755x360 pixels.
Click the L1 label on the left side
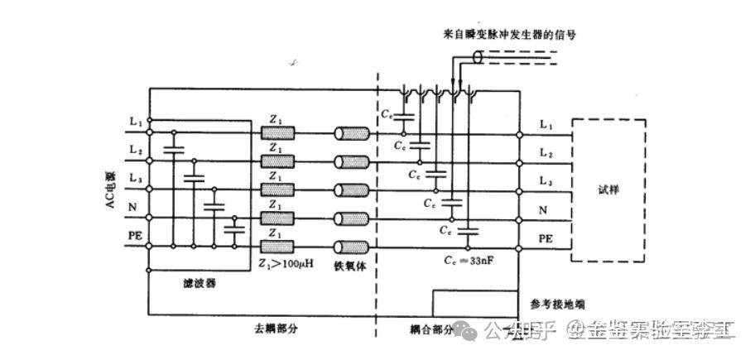click(137, 122)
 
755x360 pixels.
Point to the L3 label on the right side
click(546, 181)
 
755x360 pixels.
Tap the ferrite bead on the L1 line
click(351, 134)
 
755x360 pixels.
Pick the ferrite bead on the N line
click(351, 218)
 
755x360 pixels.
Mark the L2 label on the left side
click(137, 150)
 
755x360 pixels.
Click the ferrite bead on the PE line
click(351, 247)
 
